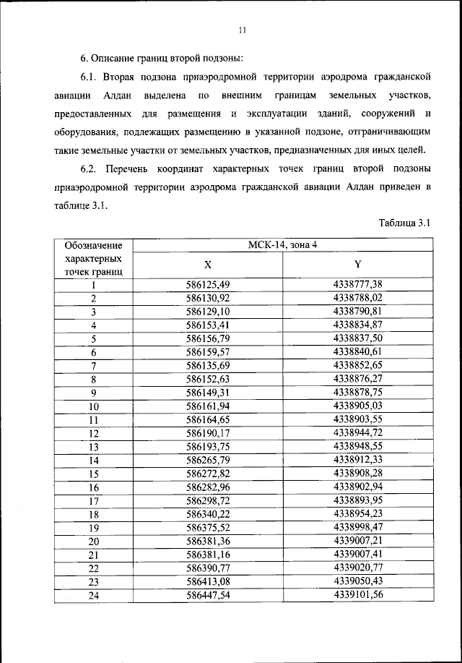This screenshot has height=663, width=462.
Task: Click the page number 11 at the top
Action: (242, 30)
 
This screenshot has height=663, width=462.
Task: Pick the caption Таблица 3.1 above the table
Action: (404, 223)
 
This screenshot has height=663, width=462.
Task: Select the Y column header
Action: (357, 264)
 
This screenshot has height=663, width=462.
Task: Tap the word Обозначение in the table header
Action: (92, 246)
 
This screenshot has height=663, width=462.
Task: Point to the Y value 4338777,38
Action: (357, 284)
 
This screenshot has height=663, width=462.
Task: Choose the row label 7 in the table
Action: (93, 365)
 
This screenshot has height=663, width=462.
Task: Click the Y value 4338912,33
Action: (357, 459)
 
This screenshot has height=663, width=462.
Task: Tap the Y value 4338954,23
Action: (357, 513)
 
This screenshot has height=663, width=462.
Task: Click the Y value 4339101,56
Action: (357, 594)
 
